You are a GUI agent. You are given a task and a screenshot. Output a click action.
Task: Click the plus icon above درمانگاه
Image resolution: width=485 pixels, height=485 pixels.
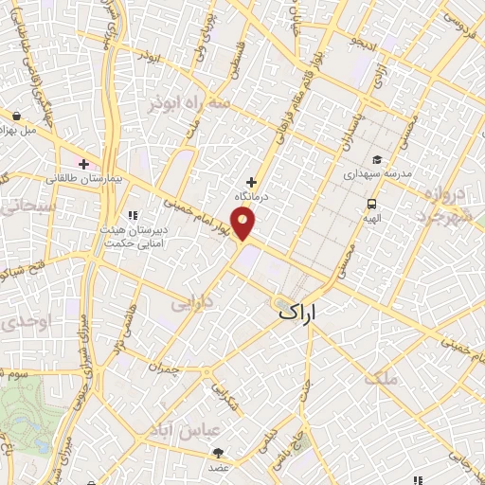coord(251,182)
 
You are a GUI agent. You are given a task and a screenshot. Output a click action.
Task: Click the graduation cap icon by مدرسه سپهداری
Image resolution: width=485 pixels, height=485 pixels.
coord(376,160)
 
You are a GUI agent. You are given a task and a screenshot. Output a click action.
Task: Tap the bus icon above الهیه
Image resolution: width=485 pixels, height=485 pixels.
coord(371,204)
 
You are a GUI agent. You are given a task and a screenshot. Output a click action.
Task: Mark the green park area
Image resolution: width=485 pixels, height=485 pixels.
coord(28,417)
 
